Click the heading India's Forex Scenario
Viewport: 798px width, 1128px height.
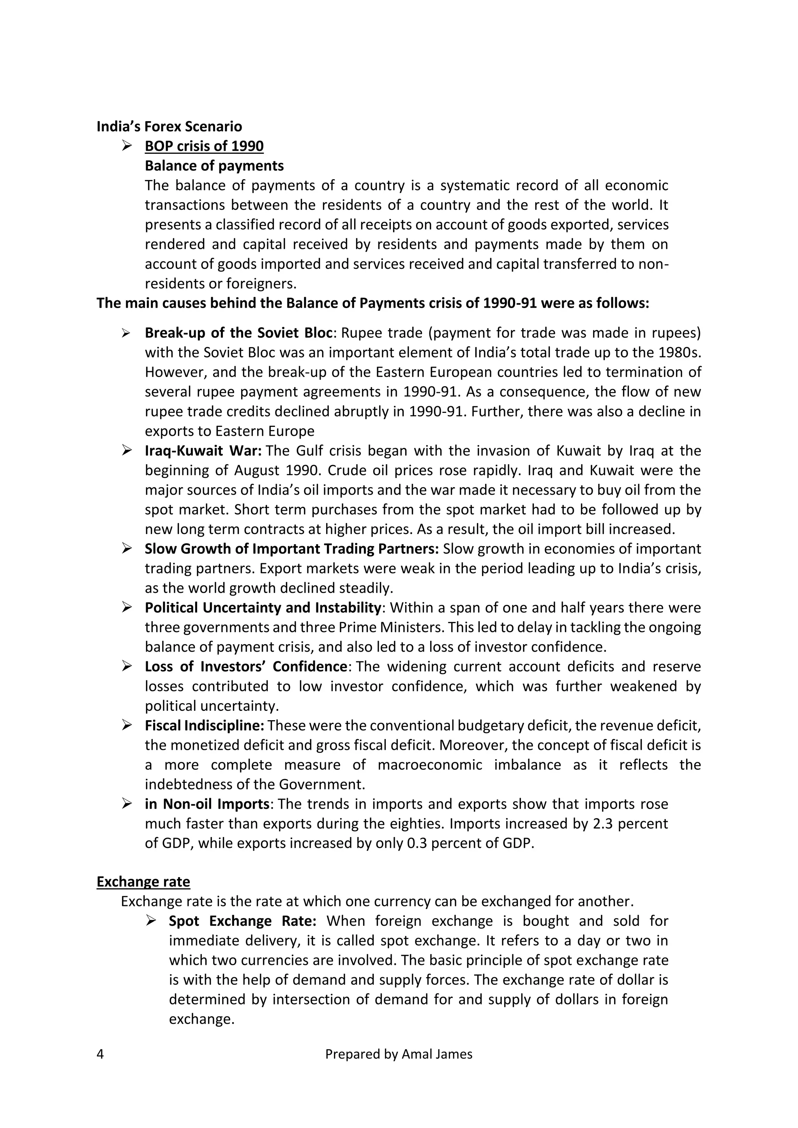click(169, 127)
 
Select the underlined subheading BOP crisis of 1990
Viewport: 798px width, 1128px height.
click(204, 146)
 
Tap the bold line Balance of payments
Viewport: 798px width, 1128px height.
click(214, 166)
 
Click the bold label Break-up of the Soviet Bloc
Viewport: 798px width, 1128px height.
click(239, 333)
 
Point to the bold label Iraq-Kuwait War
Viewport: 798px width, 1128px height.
click(203, 451)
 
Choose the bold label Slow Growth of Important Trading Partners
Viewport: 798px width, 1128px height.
click(291, 549)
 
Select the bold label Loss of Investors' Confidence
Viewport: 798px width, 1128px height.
click(246, 667)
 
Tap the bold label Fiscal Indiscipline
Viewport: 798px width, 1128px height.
click(205, 726)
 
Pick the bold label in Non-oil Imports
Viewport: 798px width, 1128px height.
click(207, 804)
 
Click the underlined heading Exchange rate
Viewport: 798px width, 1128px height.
click(143, 882)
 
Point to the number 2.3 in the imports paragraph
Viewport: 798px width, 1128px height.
click(602, 824)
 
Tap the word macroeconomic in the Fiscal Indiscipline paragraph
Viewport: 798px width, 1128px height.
click(430, 765)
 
